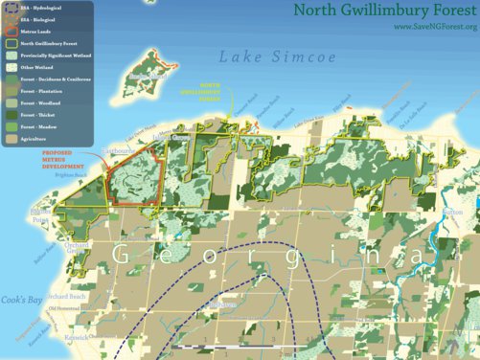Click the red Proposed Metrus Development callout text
63,160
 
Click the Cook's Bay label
20,300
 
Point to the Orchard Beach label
68,296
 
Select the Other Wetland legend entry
38,68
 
